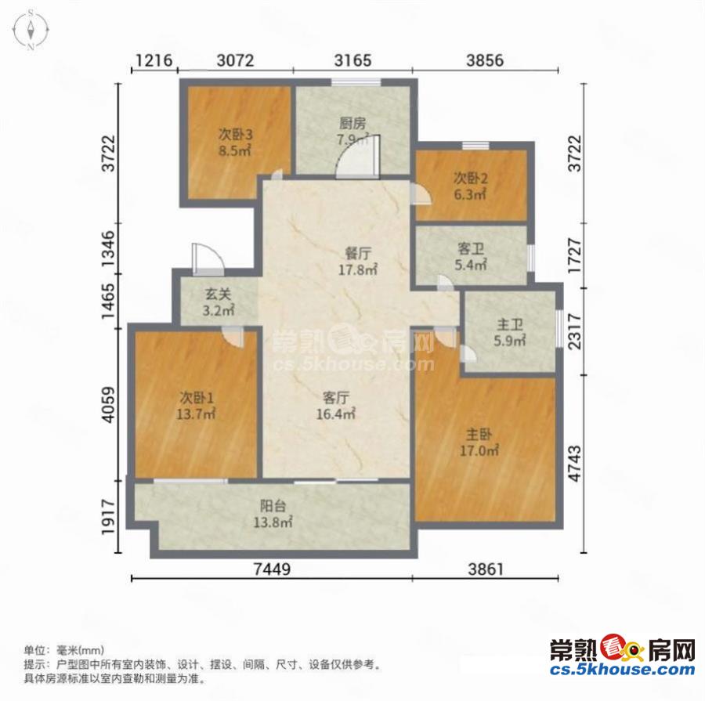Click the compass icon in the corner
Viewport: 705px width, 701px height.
(x=31, y=30)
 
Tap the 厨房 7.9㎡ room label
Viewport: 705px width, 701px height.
(x=353, y=132)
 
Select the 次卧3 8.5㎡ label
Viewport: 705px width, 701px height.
(x=235, y=142)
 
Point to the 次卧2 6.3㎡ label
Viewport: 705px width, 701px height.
(x=470, y=186)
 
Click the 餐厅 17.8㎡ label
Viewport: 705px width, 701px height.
(x=358, y=262)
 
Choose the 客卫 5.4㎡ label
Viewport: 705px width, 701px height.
(x=471, y=257)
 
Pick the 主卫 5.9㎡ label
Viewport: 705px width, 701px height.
(x=510, y=333)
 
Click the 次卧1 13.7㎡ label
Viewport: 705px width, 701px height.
(x=196, y=406)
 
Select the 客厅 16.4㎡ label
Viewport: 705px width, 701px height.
(x=336, y=406)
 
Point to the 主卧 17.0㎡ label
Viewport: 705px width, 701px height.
(x=479, y=443)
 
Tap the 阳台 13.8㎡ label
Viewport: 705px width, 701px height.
(x=273, y=514)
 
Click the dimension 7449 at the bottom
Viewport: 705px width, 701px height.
(x=272, y=569)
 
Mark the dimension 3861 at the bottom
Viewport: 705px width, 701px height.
(x=486, y=569)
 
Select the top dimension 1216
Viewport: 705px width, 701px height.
(x=154, y=60)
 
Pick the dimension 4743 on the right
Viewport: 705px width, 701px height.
(x=575, y=464)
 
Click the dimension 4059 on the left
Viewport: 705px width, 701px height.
(x=109, y=404)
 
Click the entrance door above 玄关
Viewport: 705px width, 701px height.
(x=208, y=259)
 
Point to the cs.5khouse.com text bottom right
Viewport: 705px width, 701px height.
(x=622, y=669)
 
